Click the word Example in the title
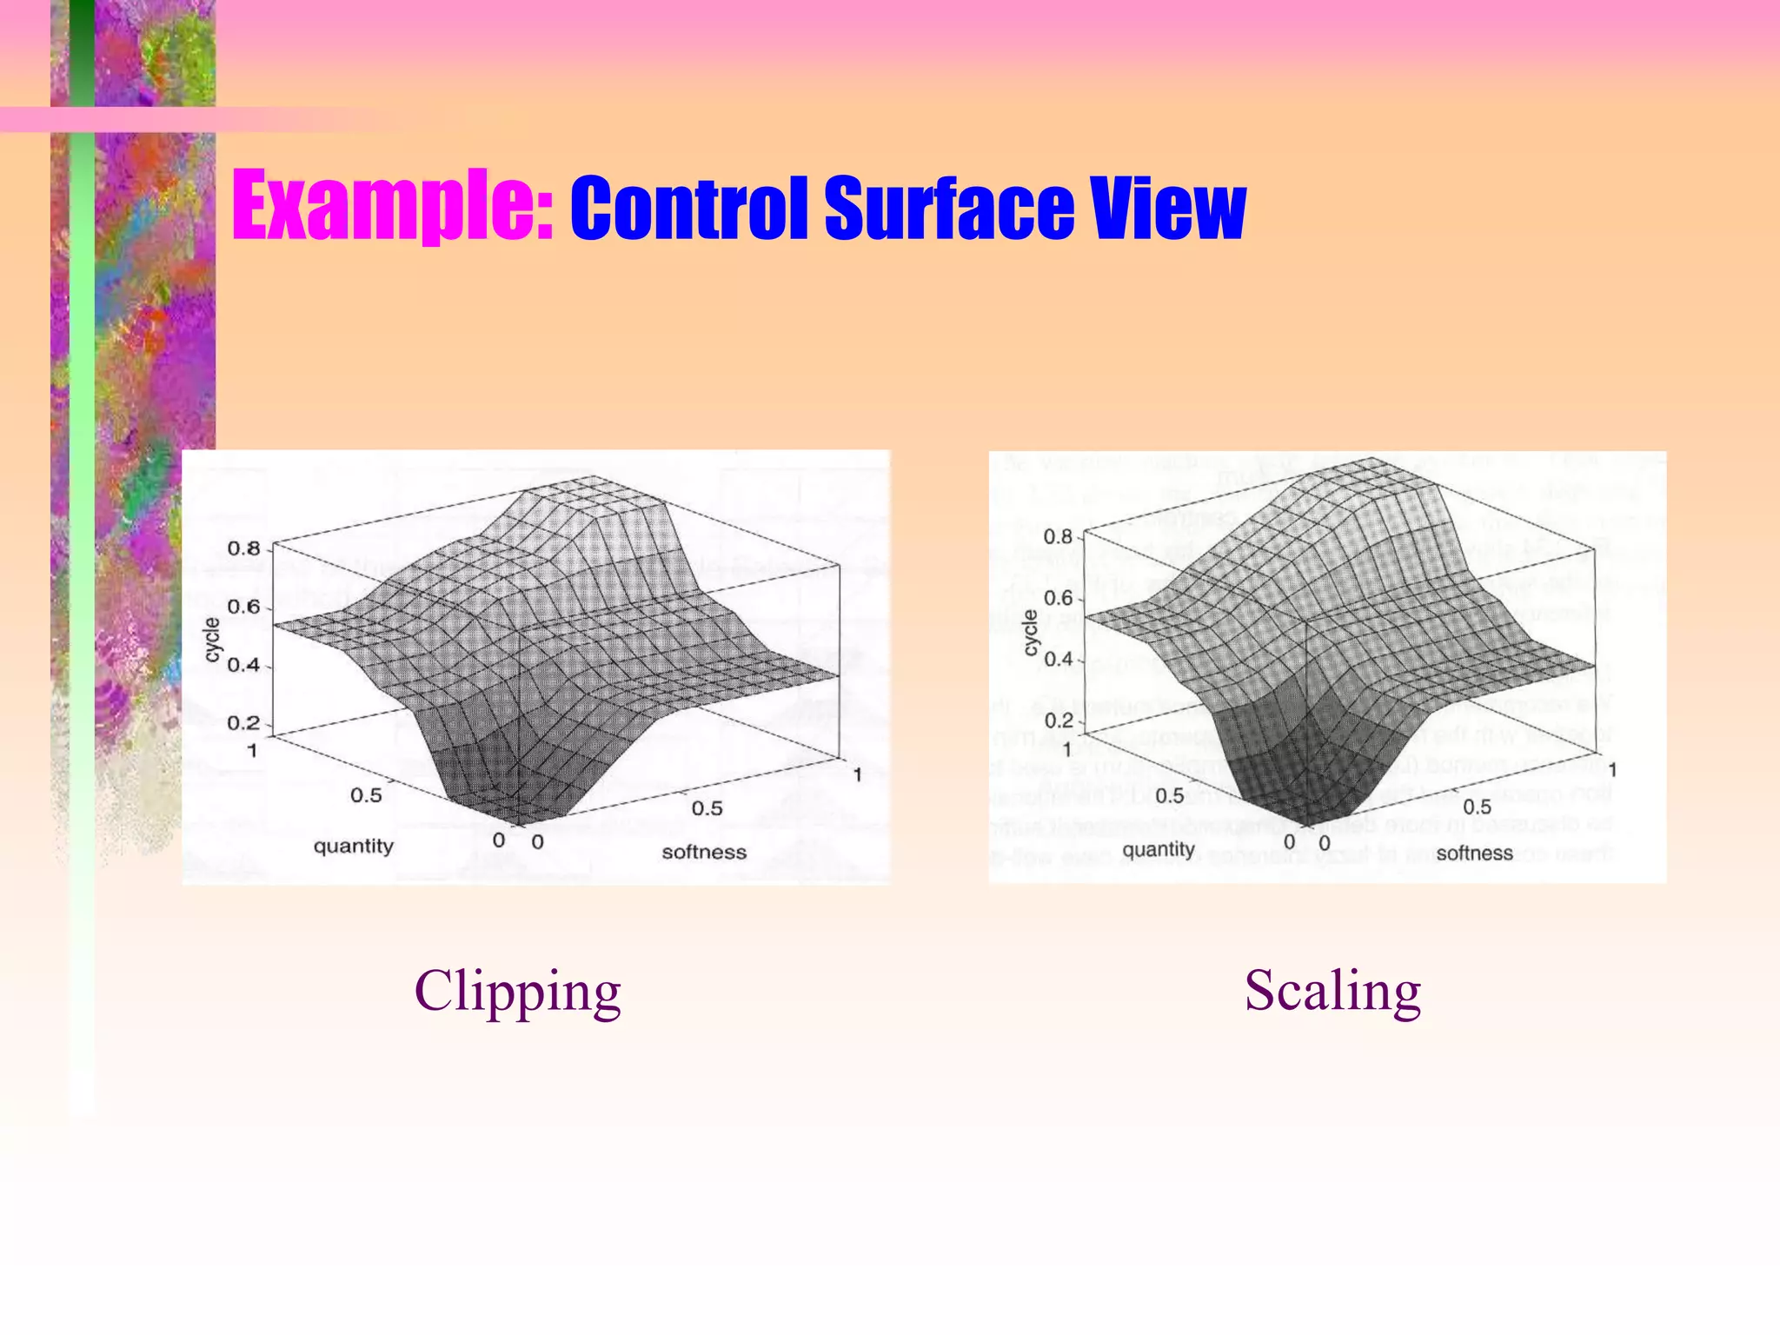pos(392,209)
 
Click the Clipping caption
pos(517,992)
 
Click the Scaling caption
pos(1332,992)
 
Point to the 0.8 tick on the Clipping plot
pos(243,548)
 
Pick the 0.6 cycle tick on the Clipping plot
pos(243,607)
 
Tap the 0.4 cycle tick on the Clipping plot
pos(243,665)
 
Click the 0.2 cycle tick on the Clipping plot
pos(243,723)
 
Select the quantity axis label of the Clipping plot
pos(354,846)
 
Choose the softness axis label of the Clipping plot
pos(704,852)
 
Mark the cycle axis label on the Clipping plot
pos(212,639)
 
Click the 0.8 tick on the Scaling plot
pos(1058,537)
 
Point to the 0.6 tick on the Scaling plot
pos(1058,598)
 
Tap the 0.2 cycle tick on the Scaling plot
pos(1058,721)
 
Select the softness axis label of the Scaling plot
pos(1474,853)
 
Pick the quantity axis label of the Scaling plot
pos(1159,849)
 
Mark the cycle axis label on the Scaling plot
pos(1031,632)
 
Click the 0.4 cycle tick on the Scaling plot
pos(1058,660)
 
